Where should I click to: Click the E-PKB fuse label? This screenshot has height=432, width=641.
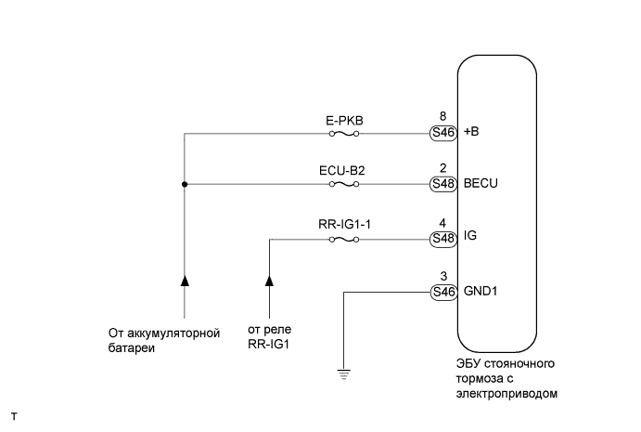tap(344, 119)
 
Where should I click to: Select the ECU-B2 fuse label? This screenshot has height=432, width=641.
tap(344, 171)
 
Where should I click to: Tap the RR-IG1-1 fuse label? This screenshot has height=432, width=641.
tap(344, 224)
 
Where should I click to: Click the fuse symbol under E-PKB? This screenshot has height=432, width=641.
tap(344, 133)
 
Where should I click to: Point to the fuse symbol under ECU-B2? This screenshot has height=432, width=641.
tap(344, 185)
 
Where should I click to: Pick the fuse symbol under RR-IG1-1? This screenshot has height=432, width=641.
tap(344, 239)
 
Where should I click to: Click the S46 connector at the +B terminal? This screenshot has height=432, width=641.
tap(442, 133)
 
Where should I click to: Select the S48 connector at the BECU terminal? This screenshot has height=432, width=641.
tap(442, 185)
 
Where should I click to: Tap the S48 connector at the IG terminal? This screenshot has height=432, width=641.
tap(442, 239)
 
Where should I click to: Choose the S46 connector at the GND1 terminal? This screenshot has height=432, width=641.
tap(442, 292)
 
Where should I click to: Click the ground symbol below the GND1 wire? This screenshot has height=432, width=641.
tap(345, 374)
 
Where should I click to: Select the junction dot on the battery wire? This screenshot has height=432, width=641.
tap(185, 185)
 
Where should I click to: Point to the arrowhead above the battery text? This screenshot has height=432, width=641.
tap(185, 279)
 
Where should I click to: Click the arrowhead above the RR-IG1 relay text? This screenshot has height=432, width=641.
tap(270, 279)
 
